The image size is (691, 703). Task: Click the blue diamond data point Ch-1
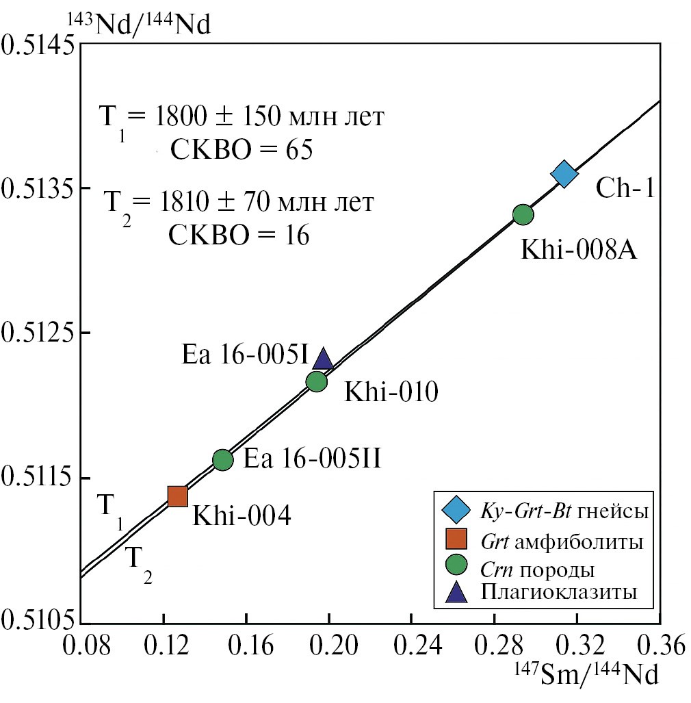564,174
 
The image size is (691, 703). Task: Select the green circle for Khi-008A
523,215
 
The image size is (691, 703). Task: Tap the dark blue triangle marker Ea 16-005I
323,359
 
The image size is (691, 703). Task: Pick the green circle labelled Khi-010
316,381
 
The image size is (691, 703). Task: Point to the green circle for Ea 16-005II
223,459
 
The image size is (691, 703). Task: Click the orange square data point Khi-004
178,496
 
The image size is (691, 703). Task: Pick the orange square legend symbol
456,539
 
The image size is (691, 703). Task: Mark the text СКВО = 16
239,235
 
